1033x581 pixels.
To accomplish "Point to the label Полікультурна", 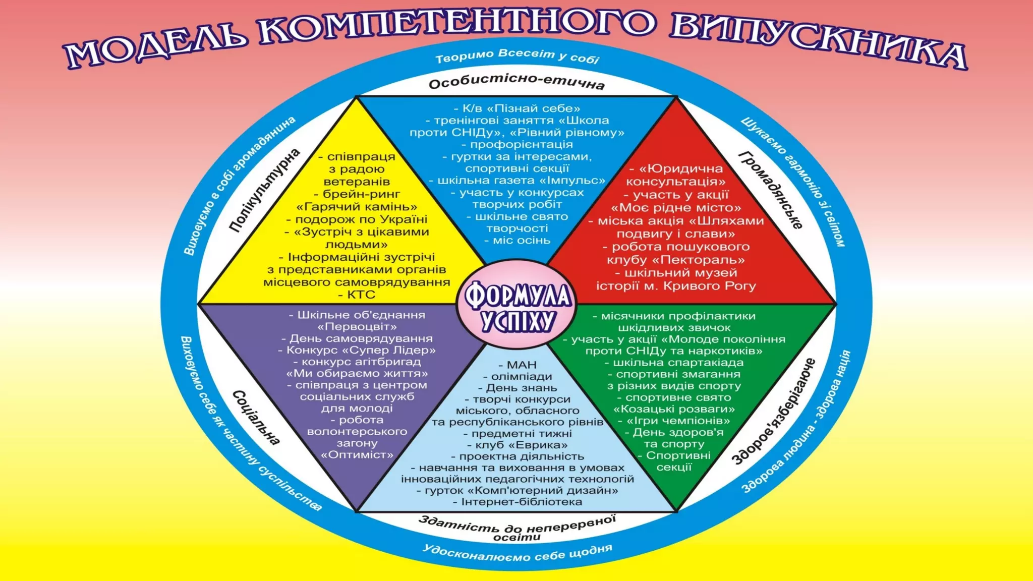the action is click(265, 191).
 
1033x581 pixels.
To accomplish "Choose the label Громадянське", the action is click(771, 190).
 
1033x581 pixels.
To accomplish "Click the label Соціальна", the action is click(256, 418).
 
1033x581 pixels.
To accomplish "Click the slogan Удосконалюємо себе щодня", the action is click(517, 553).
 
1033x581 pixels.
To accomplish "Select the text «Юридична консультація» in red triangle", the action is click(676, 175).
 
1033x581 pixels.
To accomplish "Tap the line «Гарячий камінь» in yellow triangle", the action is click(357, 207).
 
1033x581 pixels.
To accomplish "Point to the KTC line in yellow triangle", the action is click(361, 295).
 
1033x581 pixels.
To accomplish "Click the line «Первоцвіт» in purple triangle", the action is click(357, 326).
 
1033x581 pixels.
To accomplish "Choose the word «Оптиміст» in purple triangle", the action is click(357, 455).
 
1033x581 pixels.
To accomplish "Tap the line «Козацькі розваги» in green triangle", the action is click(674, 409).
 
